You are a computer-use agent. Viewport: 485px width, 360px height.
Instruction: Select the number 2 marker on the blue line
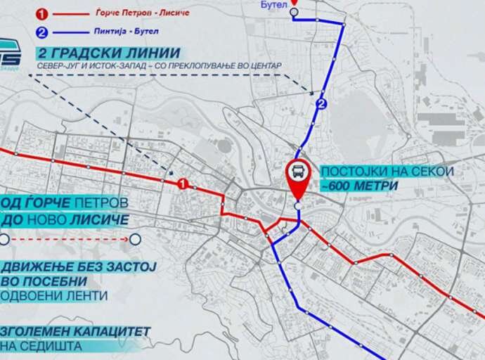coord(321,105)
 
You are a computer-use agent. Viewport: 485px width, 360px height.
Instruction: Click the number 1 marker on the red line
coord(182,184)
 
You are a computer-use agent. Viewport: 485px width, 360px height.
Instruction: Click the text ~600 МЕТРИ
coord(358,186)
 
